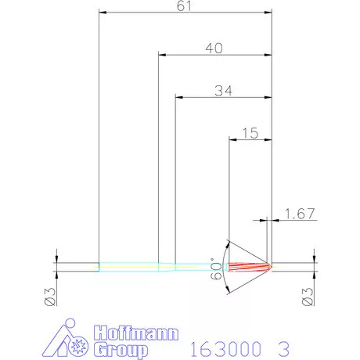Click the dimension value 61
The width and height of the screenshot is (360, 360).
pyautogui.click(x=185, y=6)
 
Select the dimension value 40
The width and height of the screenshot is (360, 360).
pyautogui.click(x=214, y=49)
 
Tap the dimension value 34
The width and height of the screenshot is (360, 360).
pyautogui.click(x=222, y=91)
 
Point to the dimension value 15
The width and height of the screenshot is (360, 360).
pyautogui.click(x=250, y=133)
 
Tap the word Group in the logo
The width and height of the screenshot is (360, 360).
pyautogui.click(x=121, y=349)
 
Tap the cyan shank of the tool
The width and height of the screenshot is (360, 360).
pyautogui.click(x=129, y=266)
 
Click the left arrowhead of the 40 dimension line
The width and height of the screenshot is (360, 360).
pyautogui.click(x=162, y=56)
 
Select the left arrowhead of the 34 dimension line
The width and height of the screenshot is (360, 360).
pyautogui.click(x=179, y=98)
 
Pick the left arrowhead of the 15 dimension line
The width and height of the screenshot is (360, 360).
pyautogui.click(x=232, y=140)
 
